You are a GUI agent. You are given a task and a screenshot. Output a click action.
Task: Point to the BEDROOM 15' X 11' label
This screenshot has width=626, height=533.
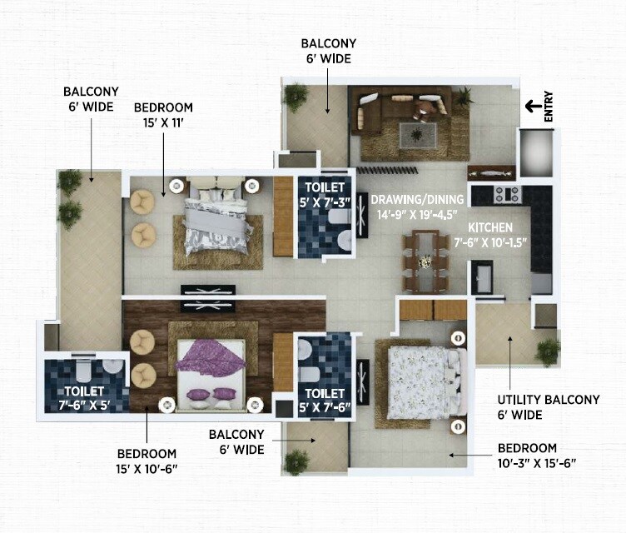click(x=164, y=115)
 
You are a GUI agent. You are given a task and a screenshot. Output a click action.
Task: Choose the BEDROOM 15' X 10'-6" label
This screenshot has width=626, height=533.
click(x=147, y=461)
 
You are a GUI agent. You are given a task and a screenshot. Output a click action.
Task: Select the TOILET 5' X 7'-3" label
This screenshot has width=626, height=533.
click(x=325, y=193)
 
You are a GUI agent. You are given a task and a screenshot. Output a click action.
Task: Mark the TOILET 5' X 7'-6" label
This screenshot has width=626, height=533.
click(x=325, y=400)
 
